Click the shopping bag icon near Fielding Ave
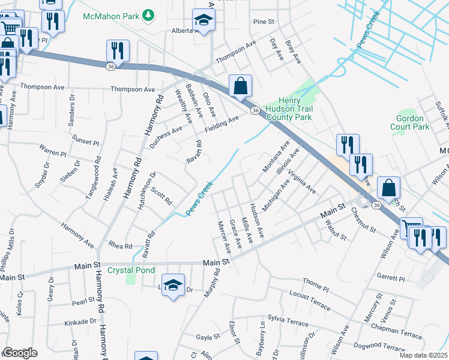point(240,86)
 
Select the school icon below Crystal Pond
point(172,285)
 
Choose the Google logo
point(19,353)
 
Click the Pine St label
point(264,22)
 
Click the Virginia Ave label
point(301,181)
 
